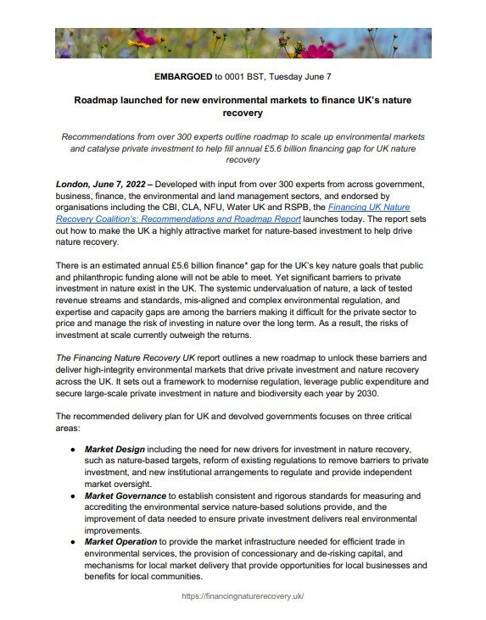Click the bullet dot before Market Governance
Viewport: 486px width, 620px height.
[74, 495]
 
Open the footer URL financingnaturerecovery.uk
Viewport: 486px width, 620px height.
[243, 596]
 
